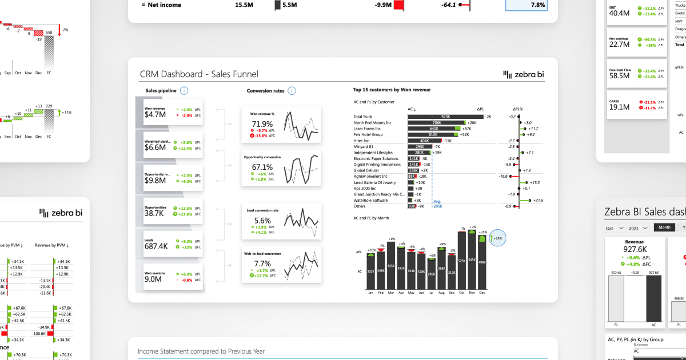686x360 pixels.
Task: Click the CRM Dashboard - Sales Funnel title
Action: click(x=199, y=74)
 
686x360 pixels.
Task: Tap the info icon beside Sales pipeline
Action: click(x=184, y=90)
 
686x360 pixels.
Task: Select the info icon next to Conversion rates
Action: click(x=292, y=90)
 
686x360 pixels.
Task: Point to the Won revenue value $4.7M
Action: click(x=155, y=114)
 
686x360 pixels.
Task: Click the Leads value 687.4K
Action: click(x=156, y=246)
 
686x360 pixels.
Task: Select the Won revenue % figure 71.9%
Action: click(x=262, y=124)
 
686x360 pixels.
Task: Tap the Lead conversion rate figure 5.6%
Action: click(x=262, y=221)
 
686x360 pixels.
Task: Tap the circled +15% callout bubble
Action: click(x=498, y=238)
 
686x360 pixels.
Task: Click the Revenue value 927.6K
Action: click(x=635, y=249)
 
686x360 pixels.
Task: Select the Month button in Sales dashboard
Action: click(x=664, y=227)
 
